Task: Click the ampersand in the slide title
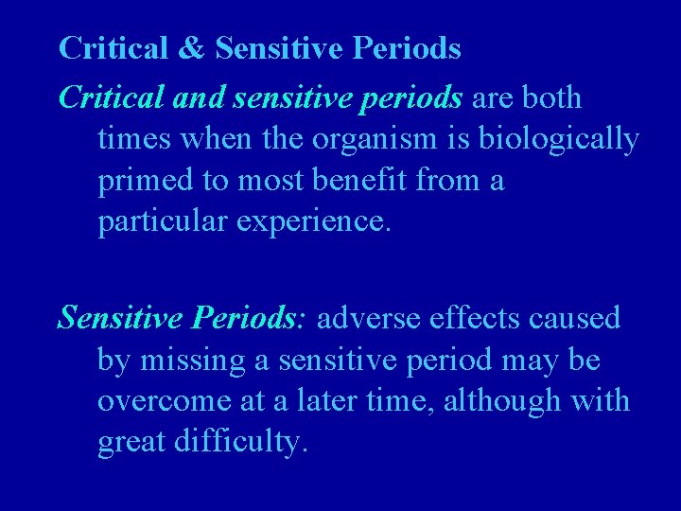point(192,48)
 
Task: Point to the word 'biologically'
point(559,138)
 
